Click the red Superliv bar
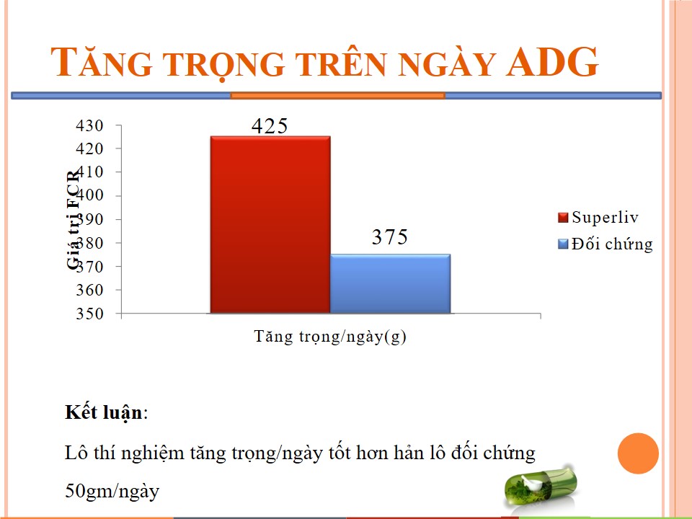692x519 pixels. click(270, 225)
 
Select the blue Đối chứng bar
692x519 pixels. click(391, 284)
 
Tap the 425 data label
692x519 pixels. click(270, 125)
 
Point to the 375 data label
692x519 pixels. click(390, 237)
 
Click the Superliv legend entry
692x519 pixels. click(598, 217)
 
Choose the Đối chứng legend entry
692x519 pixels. click(605, 244)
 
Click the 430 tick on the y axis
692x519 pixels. click(89, 125)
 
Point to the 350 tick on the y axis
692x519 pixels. click(89, 314)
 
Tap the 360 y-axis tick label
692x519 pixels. click(89, 290)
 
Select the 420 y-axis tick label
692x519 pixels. click(89, 148)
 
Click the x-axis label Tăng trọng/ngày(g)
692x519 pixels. click(330, 337)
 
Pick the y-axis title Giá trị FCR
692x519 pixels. click(74, 218)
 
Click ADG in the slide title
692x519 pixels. click(552, 62)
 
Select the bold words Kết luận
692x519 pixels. click(104, 412)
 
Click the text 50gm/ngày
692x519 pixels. click(112, 491)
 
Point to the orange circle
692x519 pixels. click(638, 453)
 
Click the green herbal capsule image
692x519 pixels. click(541, 487)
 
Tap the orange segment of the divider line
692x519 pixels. click(337, 95)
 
